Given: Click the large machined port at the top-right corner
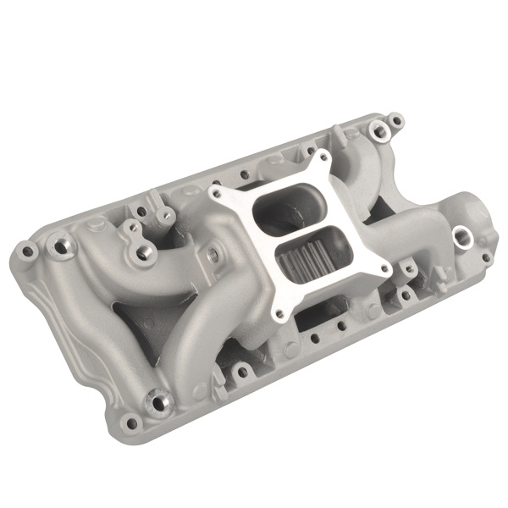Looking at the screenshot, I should [376, 129].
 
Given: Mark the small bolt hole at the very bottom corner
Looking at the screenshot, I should [130, 422].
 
